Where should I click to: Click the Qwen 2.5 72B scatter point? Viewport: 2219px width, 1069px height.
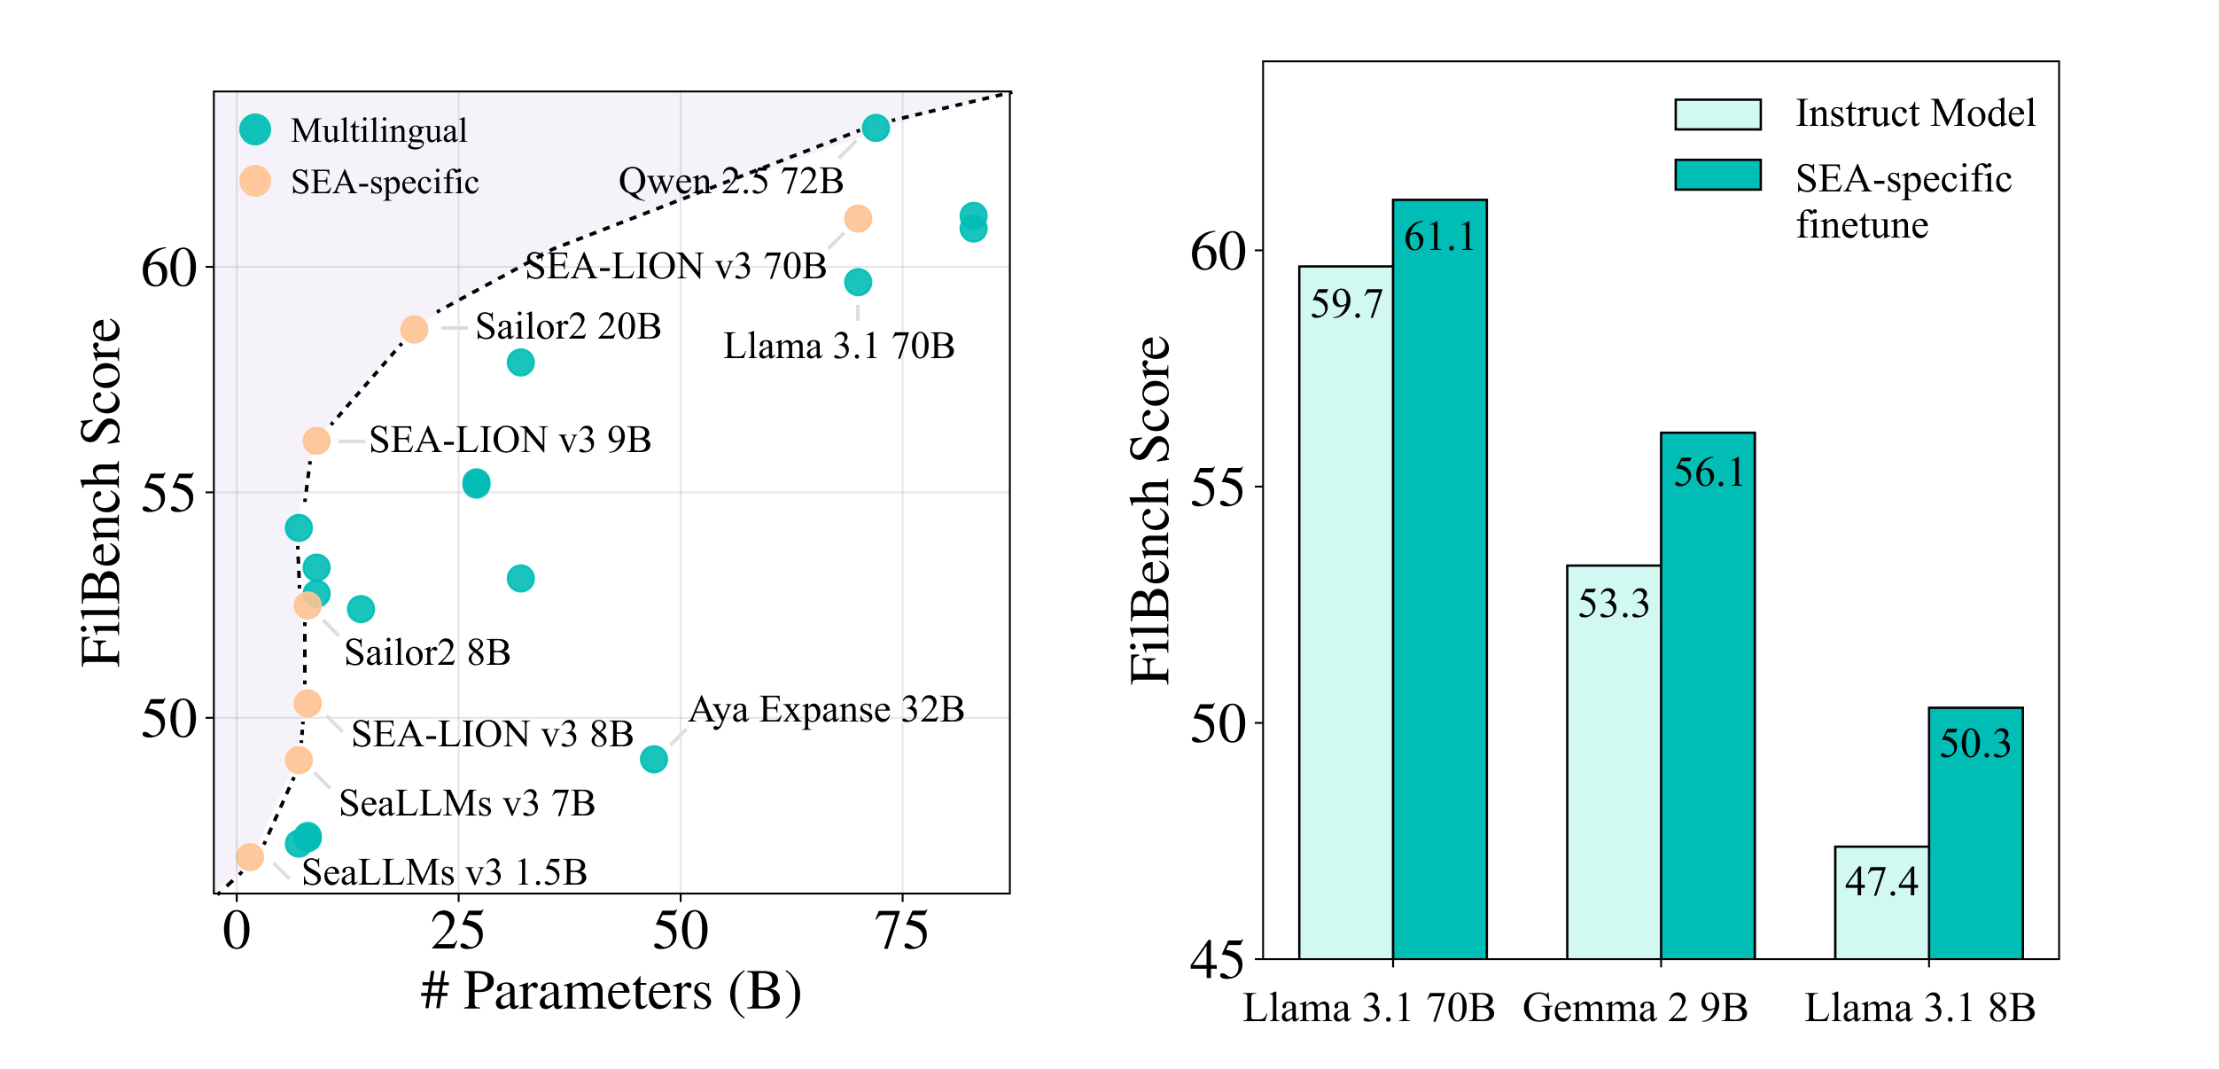coord(876,128)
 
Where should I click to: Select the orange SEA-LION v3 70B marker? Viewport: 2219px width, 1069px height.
coord(858,218)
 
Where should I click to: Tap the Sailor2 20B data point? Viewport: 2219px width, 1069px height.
coord(414,330)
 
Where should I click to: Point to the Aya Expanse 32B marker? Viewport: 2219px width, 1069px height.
coord(654,759)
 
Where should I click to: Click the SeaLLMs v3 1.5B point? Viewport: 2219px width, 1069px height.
coord(250,856)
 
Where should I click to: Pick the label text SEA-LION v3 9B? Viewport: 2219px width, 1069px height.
coord(510,440)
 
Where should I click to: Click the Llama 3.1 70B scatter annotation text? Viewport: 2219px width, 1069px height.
coord(839,346)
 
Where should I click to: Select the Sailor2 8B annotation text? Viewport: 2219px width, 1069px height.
coord(427,652)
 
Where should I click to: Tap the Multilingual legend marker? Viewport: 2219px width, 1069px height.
coord(255,129)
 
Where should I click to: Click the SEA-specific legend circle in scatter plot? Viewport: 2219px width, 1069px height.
coord(255,181)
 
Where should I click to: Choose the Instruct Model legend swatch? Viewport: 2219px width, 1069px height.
coord(1717,114)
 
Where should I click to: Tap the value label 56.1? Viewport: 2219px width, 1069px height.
coord(1709,472)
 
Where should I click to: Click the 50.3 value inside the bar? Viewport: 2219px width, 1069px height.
coord(1975,743)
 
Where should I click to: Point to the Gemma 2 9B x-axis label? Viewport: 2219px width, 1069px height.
coord(1635,1008)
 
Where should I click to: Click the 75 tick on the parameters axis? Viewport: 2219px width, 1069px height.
coord(902,931)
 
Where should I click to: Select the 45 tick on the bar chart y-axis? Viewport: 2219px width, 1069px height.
coord(1217,959)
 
